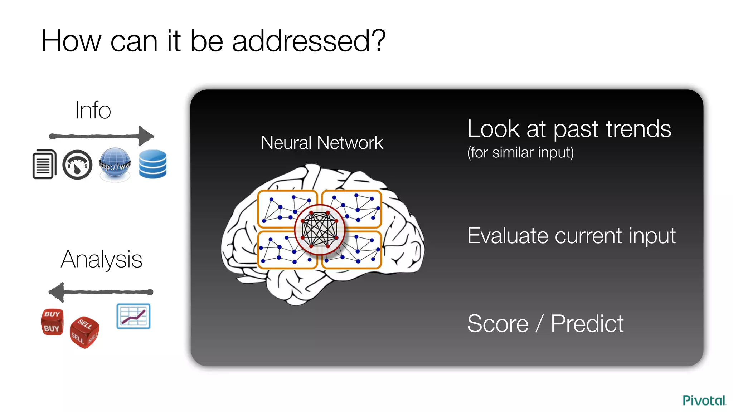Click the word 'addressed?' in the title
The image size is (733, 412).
tap(309, 41)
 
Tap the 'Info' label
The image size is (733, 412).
tap(93, 110)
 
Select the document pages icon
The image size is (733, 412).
tap(44, 165)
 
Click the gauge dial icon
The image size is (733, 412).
tap(77, 165)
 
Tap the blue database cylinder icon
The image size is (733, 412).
tap(153, 164)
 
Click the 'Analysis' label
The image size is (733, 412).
tap(102, 259)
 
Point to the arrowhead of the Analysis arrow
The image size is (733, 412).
tap(57, 292)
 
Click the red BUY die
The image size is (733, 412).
tap(52, 322)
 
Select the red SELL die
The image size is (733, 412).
tap(84, 332)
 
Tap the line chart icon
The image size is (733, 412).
tap(134, 316)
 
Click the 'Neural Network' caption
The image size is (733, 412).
tap(322, 143)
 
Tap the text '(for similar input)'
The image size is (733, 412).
tap(520, 153)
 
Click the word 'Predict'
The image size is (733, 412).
tap(587, 324)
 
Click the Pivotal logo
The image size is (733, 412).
tap(704, 400)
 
